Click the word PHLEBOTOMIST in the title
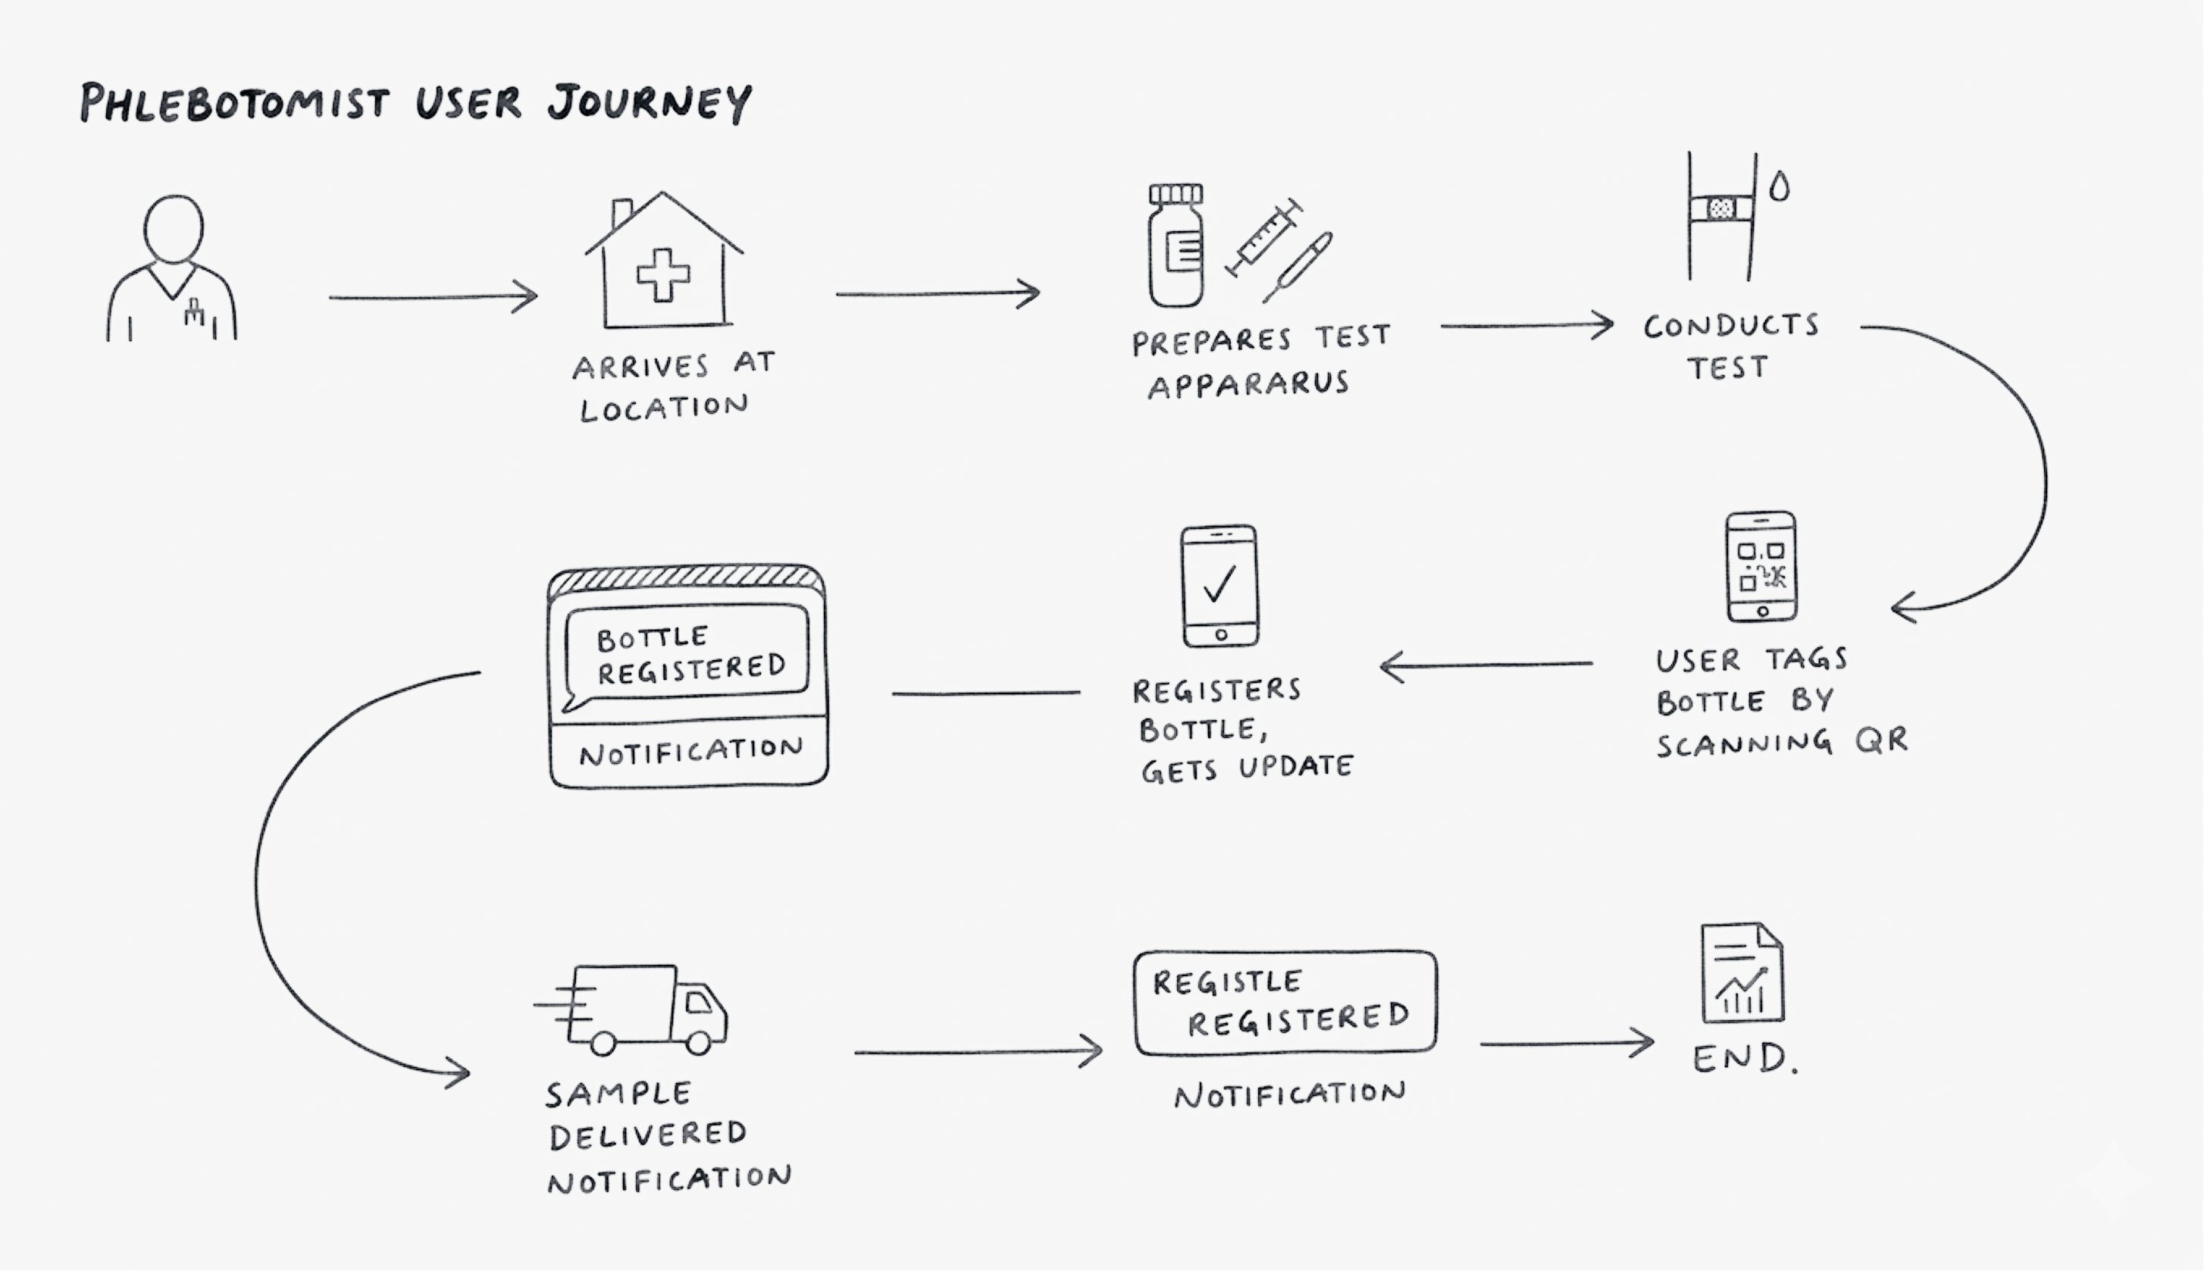(x=234, y=103)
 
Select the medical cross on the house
(x=663, y=275)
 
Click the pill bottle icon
(x=1176, y=246)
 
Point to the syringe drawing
(x=1264, y=237)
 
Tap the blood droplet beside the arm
(x=1779, y=186)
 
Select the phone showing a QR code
(x=1761, y=567)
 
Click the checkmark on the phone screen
(x=1219, y=584)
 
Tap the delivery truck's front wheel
(x=698, y=1041)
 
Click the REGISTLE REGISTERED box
(x=1285, y=1003)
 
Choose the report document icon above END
(x=1742, y=972)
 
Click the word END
(x=1744, y=1059)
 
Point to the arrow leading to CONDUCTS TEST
(x=1526, y=326)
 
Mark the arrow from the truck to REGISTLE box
(x=978, y=1052)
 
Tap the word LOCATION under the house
(x=663, y=408)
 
